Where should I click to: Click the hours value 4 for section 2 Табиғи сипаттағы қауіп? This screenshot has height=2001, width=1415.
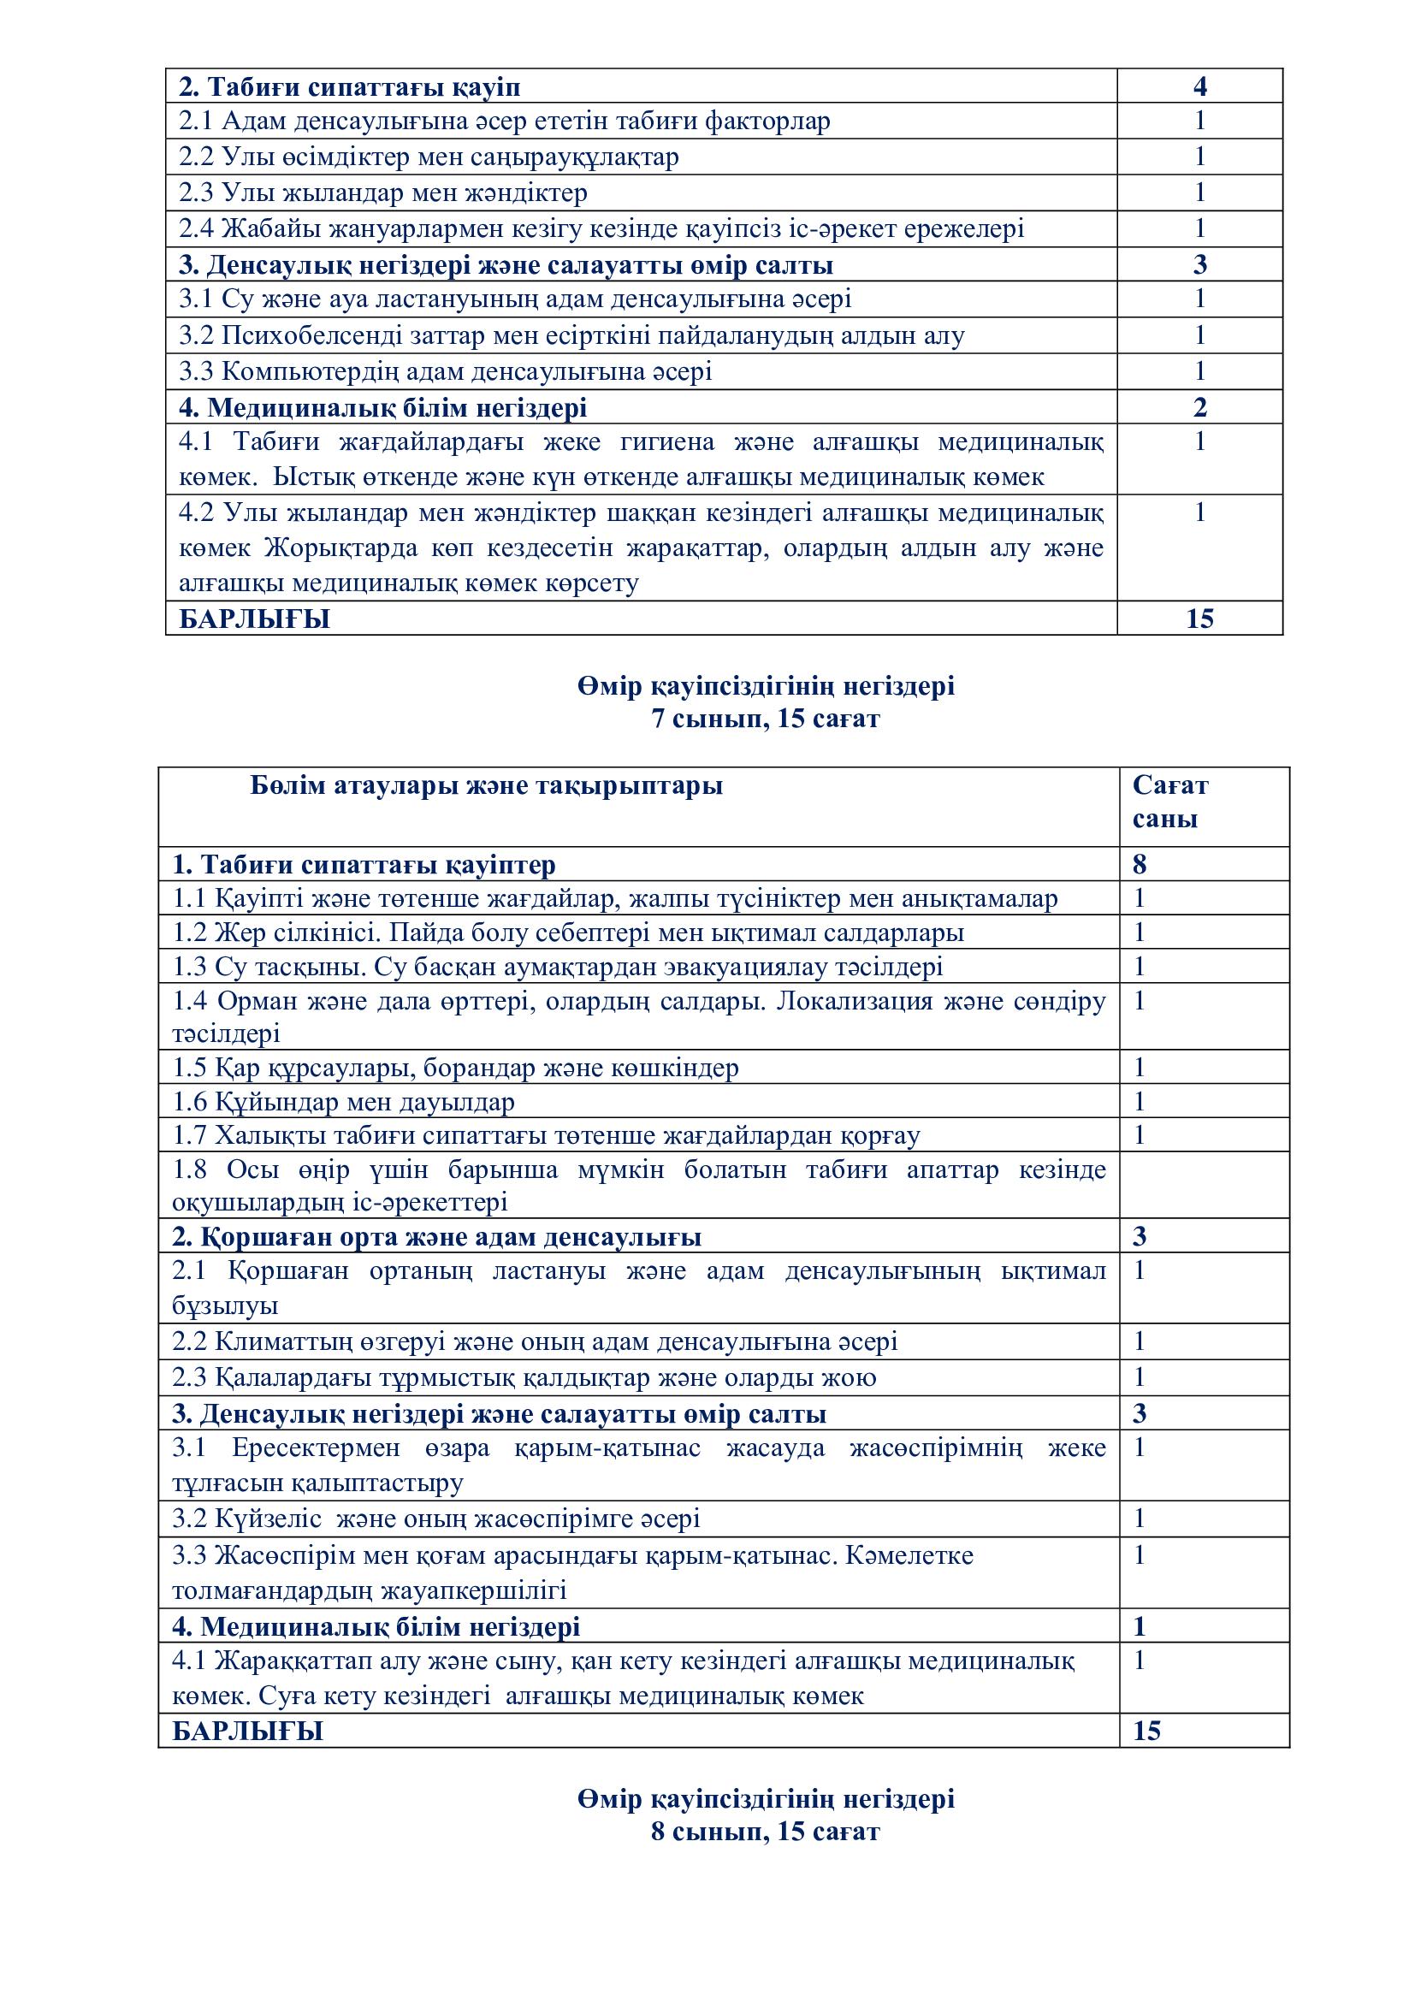point(1199,86)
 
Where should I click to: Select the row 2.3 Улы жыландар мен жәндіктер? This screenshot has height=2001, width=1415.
point(382,192)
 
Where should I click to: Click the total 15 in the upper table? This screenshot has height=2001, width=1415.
point(1199,619)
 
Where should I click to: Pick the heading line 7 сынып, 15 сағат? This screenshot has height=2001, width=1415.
point(765,719)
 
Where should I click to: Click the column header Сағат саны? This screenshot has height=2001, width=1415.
point(1169,802)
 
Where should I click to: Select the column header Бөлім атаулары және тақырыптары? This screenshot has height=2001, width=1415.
point(486,786)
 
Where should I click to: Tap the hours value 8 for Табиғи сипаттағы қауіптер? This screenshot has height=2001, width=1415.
point(1140,865)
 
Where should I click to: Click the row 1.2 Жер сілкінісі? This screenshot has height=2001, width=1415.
point(567,932)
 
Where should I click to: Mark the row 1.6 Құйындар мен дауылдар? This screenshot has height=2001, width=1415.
point(343,1102)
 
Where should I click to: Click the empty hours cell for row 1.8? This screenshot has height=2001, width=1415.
point(1204,1184)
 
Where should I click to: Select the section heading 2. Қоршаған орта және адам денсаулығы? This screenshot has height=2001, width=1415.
point(436,1237)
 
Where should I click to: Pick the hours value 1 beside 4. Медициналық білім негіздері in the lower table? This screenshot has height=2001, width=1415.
point(1140,1627)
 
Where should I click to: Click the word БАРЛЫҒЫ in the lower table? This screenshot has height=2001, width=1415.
point(247,1731)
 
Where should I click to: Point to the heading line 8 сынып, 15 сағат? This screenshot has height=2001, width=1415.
point(765,1832)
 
